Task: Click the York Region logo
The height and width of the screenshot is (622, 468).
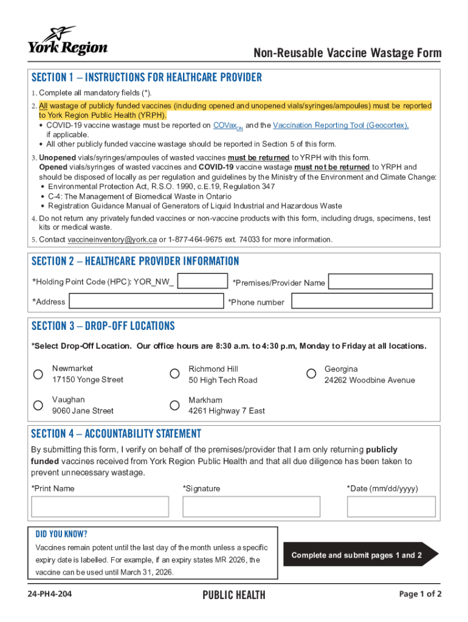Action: click(x=67, y=41)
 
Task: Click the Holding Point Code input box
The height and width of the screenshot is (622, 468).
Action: click(x=202, y=281)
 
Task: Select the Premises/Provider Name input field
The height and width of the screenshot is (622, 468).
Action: click(x=380, y=281)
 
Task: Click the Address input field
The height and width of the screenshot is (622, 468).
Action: click(x=146, y=301)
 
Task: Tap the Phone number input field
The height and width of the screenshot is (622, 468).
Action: click(x=361, y=301)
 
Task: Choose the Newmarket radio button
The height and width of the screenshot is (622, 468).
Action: click(x=38, y=374)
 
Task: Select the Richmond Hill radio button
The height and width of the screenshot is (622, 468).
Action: click(x=174, y=374)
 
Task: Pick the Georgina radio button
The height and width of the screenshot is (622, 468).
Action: click(x=311, y=374)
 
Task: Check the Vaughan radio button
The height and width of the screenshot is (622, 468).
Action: click(x=38, y=405)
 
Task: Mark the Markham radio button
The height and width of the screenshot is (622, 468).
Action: click(x=174, y=405)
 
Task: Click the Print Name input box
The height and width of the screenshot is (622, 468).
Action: click(x=100, y=507)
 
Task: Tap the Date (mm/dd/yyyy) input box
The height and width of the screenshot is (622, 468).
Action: click(x=391, y=507)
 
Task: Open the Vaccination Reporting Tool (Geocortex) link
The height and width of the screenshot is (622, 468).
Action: click(x=340, y=125)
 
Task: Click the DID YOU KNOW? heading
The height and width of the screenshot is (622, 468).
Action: click(x=61, y=535)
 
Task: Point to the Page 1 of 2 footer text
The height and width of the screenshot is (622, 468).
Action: click(x=420, y=594)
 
